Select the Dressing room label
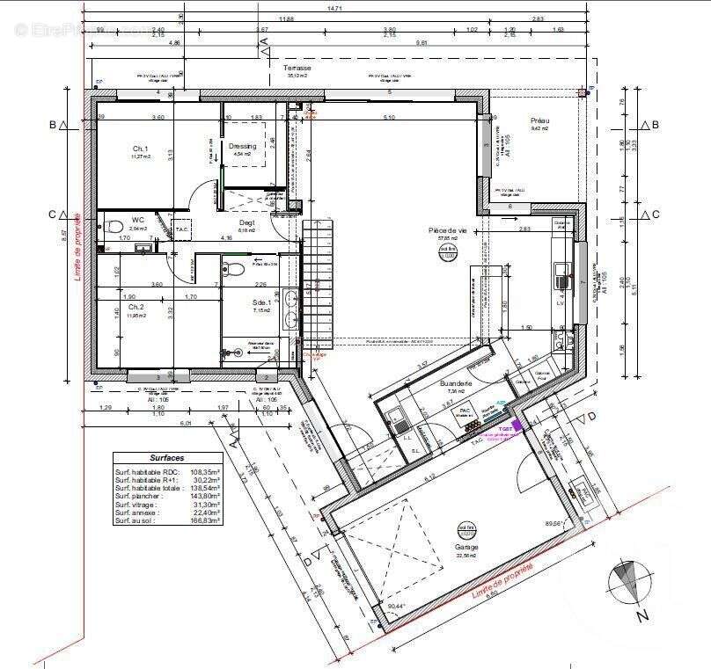(242, 146)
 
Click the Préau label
(539, 120)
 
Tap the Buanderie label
(457, 384)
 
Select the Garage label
(467, 547)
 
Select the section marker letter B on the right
(656, 125)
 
